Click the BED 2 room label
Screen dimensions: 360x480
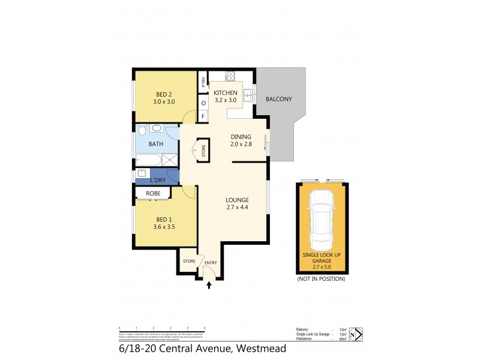click(x=165, y=94)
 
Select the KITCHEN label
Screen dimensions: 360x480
click(x=226, y=93)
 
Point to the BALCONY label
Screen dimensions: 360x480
click(x=279, y=99)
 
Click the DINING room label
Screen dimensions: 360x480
click(x=241, y=137)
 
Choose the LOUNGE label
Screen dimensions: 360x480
click(x=237, y=200)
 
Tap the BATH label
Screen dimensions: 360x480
click(x=156, y=144)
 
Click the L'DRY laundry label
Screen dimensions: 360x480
click(x=158, y=180)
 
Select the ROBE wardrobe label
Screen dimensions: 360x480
click(x=153, y=193)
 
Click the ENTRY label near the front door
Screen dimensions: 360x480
click(x=210, y=263)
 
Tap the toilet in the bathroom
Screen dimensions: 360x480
click(x=141, y=128)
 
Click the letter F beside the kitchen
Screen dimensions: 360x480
click(x=203, y=116)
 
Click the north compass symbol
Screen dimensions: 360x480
click(x=356, y=334)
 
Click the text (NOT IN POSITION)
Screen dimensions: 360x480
click(x=321, y=279)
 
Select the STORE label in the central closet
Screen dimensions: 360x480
click(x=203, y=152)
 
